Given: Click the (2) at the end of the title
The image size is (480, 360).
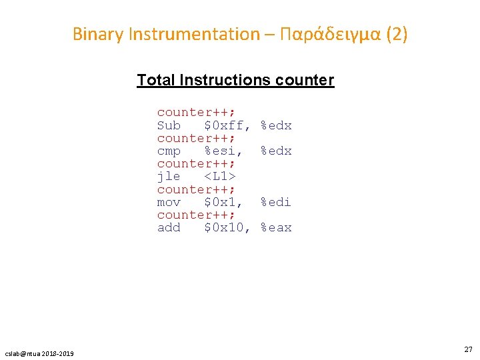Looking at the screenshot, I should tap(396, 34).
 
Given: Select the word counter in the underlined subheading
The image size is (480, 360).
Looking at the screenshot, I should tap(303, 81).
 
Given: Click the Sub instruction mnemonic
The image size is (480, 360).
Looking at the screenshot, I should tap(169, 125).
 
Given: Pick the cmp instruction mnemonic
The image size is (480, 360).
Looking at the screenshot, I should tap(169, 151).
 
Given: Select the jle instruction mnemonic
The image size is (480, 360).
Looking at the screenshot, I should tap(169, 177).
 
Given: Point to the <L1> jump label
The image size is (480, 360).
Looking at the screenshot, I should tap(220, 177).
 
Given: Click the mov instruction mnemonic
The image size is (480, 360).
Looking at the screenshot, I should tap(169, 202).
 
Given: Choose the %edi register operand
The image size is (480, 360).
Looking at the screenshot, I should tap(276, 202).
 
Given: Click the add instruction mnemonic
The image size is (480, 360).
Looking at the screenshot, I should tap(169, 227).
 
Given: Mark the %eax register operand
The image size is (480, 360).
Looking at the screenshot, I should tap(276, 227).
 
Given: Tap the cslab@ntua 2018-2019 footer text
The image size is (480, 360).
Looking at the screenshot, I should tap(40, 353).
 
